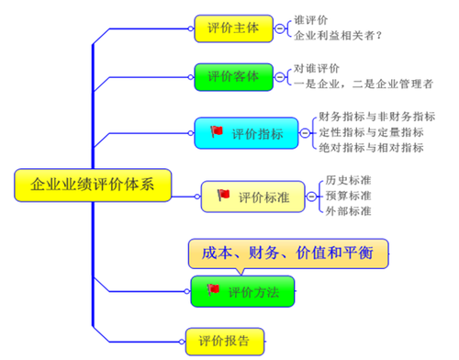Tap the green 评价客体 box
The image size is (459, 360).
(x=233, y=75)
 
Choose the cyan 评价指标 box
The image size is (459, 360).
(x=245, y=133)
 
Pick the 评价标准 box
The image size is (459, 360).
(x=252, y=196)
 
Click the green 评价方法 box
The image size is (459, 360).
(x=243, y=292)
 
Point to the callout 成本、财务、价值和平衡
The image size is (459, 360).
(x=287, y=252)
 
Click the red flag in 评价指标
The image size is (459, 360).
(x=217, y=132)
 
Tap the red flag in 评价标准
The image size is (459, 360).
(x=223, y=195)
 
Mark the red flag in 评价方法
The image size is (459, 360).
(x=213, y=291)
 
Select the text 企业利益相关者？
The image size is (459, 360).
(x=339, y=36)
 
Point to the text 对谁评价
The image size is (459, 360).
(x=317, y=68)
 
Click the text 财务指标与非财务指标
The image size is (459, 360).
(x=376, y=118)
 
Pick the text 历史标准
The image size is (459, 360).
(x=349, y=180)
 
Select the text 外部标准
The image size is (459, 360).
(x=349, y=211)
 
